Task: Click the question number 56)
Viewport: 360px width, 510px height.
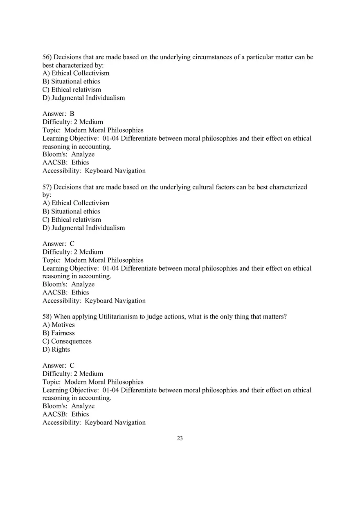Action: [47, 57]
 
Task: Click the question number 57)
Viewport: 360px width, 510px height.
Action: [47, 187]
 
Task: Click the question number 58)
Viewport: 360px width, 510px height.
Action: [47, 317]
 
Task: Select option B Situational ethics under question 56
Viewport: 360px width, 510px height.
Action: [71, 81]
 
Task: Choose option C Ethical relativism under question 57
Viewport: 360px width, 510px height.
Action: [72, 220]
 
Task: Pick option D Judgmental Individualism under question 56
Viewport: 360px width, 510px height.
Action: [83, 98]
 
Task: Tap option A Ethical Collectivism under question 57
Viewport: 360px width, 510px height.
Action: [76, 203]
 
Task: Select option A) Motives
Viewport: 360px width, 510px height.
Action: [59, 325]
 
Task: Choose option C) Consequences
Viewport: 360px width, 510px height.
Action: [67, 341]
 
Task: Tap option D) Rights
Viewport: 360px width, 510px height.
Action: [56, 349]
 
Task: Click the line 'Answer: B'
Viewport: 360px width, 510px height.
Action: [59, 114]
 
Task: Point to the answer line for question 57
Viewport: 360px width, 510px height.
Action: [59, 244]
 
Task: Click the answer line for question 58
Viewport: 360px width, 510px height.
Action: [59, 366]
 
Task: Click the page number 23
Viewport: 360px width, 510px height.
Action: [180, 438]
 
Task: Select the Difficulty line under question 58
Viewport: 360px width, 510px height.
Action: [73, 374]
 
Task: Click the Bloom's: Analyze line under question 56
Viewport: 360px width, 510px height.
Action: [68, 155]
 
